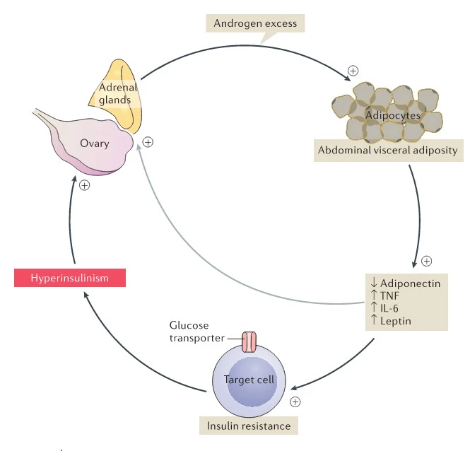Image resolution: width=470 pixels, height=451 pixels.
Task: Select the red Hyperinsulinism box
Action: coord(69,278)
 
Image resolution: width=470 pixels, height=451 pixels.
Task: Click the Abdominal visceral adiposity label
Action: coord(387,150)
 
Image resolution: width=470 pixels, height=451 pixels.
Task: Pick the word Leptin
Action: coord(395,322)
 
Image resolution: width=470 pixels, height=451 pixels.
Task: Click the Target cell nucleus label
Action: coord(249,380)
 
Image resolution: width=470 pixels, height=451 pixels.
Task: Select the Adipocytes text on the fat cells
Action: coord(394,114)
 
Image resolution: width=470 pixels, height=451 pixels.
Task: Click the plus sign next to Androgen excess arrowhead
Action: coord(353,71)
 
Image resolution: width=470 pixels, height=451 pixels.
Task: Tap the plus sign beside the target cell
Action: coord(295,402)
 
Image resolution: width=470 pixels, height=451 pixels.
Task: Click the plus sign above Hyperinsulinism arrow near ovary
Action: coord(84,186)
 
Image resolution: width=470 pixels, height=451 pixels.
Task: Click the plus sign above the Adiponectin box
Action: coord(426,261)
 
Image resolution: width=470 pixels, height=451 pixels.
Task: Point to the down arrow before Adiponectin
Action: coord(374,283)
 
